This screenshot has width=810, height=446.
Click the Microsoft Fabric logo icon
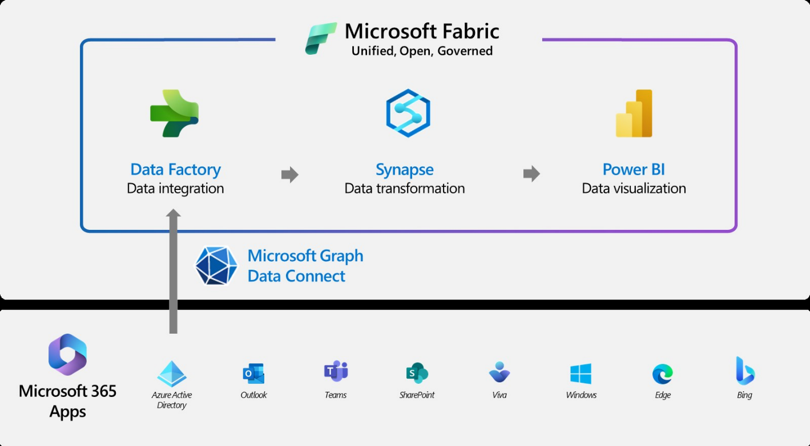pyautogui.click(x=321, y=39)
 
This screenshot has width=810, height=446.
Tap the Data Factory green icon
pyautogui.click(x=174, y=113)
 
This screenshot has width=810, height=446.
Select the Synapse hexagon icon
pyautogui.click(x=408, y=113)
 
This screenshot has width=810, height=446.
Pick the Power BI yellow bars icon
pyautogui.click(x=634, y=113)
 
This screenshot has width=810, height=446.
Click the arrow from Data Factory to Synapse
pyautogui.click(x=290, y=175)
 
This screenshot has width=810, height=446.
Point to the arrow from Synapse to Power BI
pyautogui.click(x=531, y=173)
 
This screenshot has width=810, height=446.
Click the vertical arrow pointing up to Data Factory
pyautogui.click(x=174, y=271)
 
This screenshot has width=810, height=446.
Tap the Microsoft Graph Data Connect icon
pyautogui.click(x=216, y=266)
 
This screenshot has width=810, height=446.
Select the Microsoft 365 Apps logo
pyautogui.click(x=67, y=355)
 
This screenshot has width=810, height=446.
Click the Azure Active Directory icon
pyautogui.click(x=172, y=374)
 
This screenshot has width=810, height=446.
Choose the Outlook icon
pyautogui.click(x=253, y=374)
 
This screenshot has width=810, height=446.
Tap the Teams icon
pyautogui.click(x=336, y=372)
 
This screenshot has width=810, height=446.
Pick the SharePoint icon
pyautogui.click(x=417, y=373)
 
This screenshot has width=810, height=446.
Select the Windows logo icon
pyautogui.click(x=581, y=374)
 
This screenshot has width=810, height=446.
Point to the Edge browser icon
pyautogui.click(x=663, y=374)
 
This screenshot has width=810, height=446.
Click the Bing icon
pyautogui.click(x=745, y=371)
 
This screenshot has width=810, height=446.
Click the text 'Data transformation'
pyautogui.click(x=404, y=188)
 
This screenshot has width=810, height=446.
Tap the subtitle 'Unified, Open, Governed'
pyautogui.click(x=422, y=51)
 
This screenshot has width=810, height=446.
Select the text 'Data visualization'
pyautogui.click(x=634, y=188)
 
